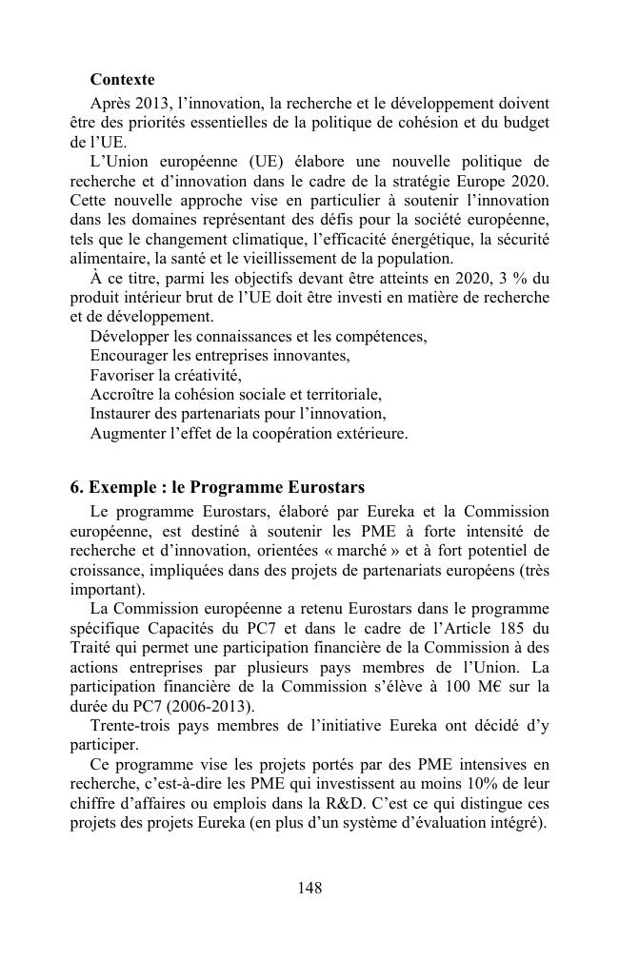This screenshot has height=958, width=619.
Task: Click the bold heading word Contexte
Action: pos(122,79)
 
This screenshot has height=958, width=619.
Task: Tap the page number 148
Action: pos(309,888)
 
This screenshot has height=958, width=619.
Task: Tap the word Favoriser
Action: pos(122,375)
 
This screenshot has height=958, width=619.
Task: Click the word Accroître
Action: pos(123,394)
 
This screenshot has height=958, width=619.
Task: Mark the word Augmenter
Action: pos(128,433)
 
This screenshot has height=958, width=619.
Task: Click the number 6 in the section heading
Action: pos(76,488)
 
